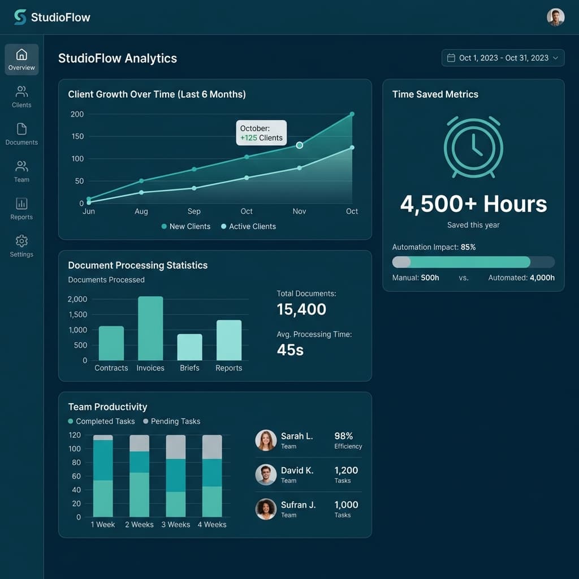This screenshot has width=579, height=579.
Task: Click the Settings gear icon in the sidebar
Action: tap(21, 241)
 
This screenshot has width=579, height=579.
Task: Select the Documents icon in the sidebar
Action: tap(21, 129)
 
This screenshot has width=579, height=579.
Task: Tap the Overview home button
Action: tap(21, 59)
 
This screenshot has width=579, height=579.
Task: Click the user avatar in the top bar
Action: tap(556, 17)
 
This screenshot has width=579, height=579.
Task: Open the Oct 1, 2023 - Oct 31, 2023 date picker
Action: tap(503, 58)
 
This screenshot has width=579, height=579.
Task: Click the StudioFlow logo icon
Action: tap(20, 17)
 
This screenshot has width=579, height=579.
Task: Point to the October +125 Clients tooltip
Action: tap(261, 133)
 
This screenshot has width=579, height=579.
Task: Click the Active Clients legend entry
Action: tap(248, 226)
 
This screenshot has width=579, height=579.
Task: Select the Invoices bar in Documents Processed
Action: tap(150, 329)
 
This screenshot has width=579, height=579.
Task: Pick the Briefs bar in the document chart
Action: tap(189, 347)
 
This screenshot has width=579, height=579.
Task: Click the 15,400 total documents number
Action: tap(301, 309)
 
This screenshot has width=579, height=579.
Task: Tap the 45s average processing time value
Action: tap(290, 350)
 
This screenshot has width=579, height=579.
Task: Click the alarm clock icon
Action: tap(473, 147)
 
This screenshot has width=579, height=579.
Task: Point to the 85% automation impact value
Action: tap(468, 247)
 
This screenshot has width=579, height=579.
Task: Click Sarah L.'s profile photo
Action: tap(266, 440)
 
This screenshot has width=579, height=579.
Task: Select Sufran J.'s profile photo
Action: tap(266, 509)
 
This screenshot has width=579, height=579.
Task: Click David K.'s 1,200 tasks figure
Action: tap(346, 470)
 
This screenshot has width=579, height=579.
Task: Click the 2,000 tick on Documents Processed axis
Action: tap(77, 299)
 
